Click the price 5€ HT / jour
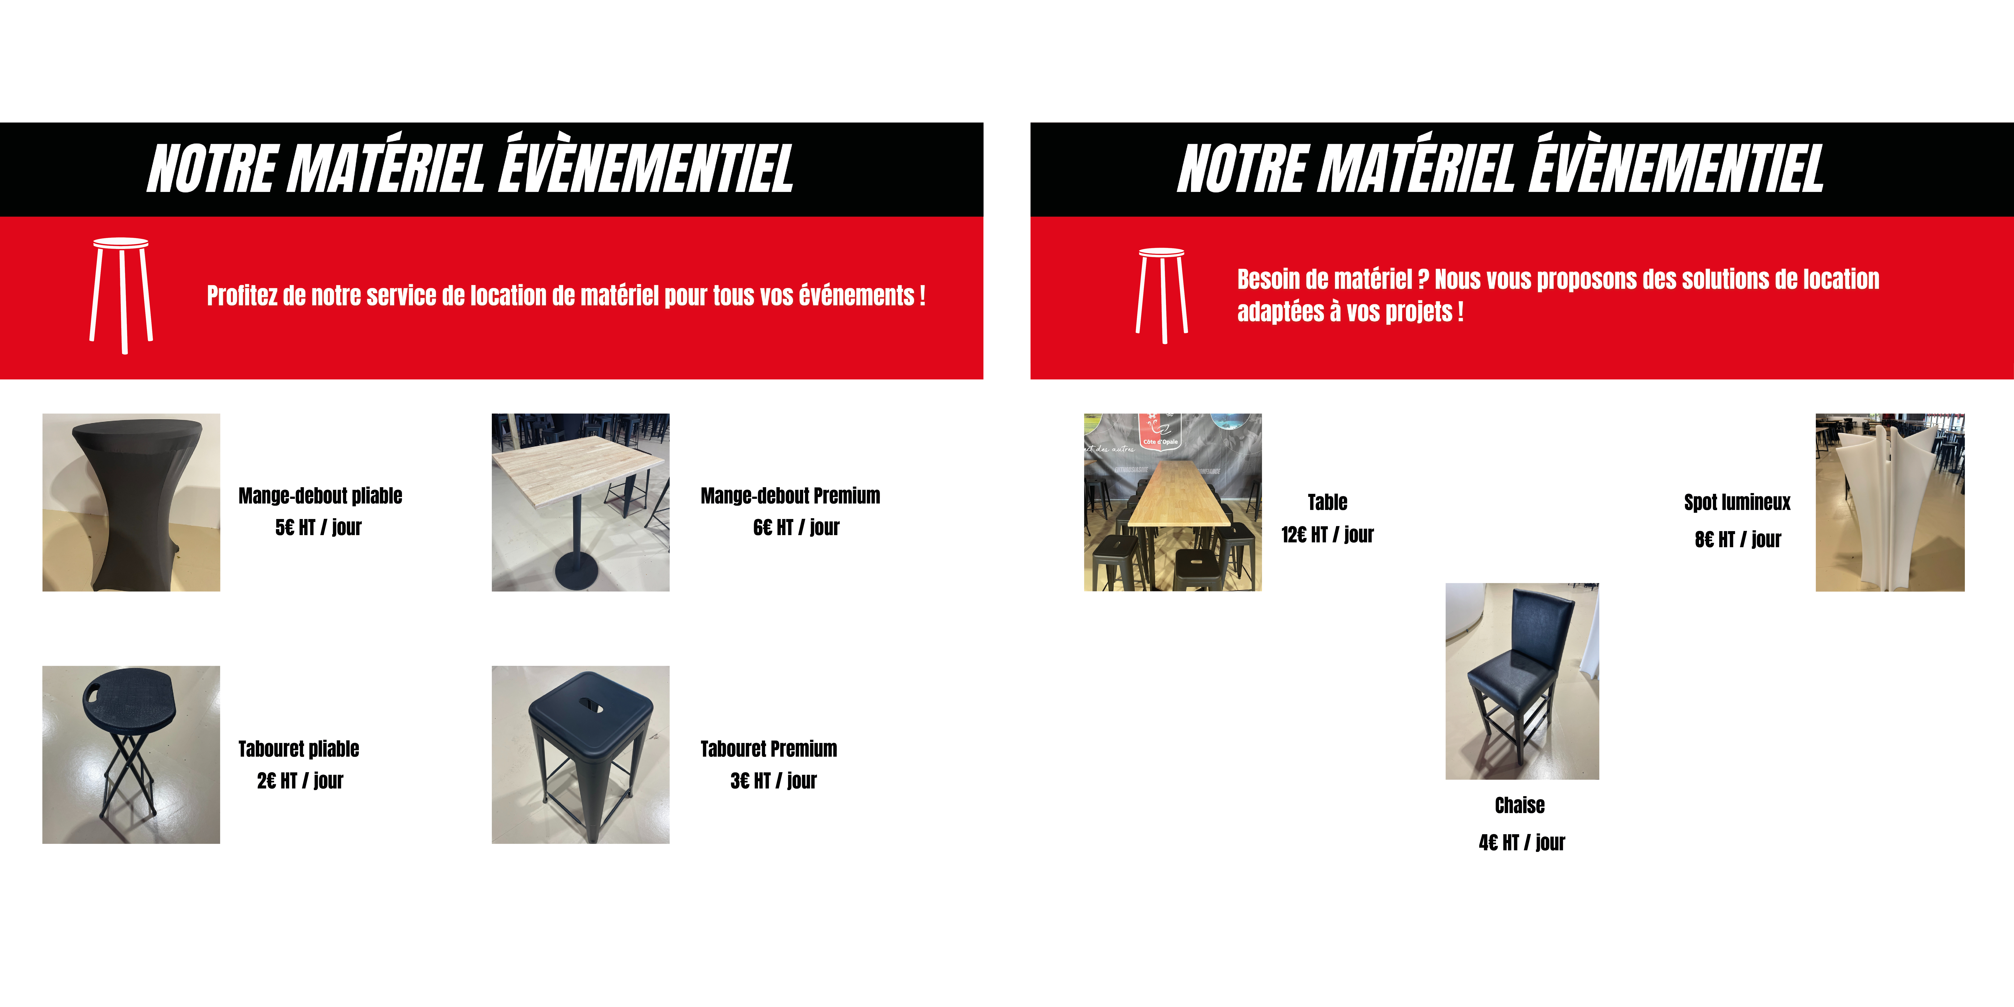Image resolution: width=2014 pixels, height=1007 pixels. click(x=318, y=528)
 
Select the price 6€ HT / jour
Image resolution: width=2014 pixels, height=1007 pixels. click(x=796, y=528)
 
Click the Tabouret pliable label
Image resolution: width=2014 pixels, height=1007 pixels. click(x=299, y=749)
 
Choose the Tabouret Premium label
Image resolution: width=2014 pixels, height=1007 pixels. click(x=769, y=749)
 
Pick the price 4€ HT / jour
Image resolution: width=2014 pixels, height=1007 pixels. click(x=1521, y=842)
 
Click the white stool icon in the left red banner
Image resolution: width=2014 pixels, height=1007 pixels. click(x=121, y=295)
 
